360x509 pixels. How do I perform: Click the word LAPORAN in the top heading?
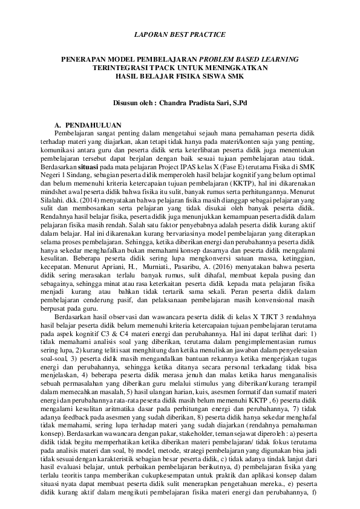pyautogui.click(x=150, y=34)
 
